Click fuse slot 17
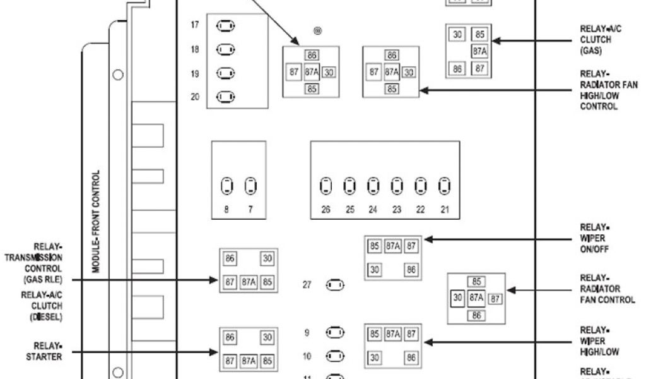pos(225,26)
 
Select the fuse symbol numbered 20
pos(225,97)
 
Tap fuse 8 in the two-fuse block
pos(226,186)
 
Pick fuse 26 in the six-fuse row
pos(326,186)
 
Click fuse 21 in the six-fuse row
pos(445,186)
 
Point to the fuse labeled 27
pos(335,285)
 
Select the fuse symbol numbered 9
pos(335,332)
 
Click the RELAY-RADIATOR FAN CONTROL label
pos(606,289)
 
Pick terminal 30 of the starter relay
pos(267,338)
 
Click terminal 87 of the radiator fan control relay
pos(495,298)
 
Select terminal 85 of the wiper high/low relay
pos(374,334)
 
